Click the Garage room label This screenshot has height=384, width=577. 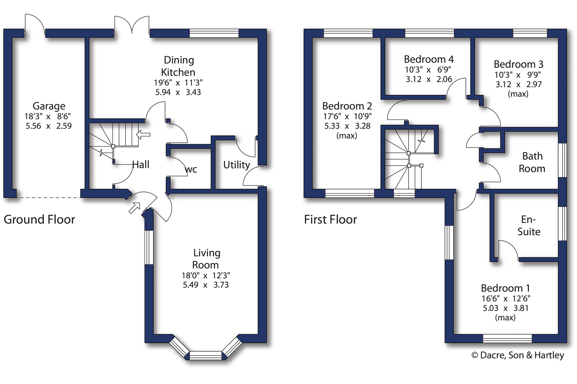49,106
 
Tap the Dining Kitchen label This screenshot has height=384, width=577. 179,66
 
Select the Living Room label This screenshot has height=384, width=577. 206,259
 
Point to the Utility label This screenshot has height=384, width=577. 237,165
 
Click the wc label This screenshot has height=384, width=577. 191,170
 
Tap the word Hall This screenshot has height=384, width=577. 141,164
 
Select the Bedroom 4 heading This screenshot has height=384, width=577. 429,59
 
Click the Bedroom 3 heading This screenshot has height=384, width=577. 518,64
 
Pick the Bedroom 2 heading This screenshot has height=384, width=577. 347,106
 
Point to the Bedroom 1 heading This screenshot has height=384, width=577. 505,288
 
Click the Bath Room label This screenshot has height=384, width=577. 532,162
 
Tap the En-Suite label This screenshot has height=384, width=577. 529,225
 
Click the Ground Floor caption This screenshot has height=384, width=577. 39,220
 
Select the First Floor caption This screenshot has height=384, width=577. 331,220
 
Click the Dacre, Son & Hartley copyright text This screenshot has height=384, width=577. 518,355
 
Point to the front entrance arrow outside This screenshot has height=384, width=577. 134,208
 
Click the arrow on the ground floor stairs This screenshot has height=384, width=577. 143,134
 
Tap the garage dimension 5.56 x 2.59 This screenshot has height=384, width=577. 49,126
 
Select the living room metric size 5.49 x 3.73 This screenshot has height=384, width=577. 206,285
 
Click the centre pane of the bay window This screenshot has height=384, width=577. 205,356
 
